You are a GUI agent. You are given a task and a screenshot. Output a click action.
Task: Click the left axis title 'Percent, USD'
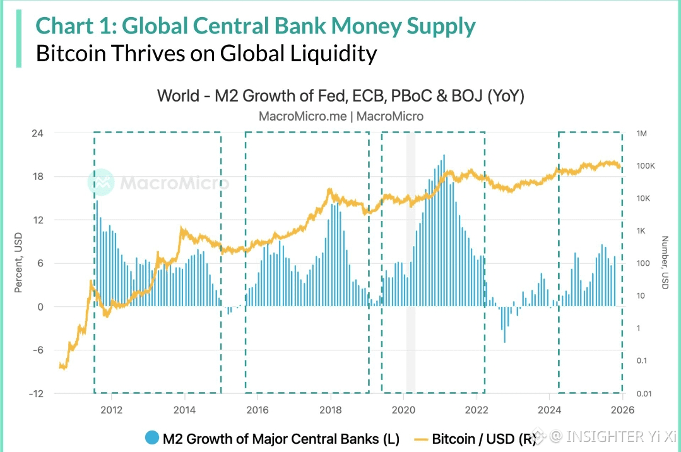(19, 264)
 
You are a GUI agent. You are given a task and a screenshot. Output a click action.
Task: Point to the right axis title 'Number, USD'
(665, 263)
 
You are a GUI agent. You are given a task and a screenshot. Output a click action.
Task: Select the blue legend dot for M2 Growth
(151, 437)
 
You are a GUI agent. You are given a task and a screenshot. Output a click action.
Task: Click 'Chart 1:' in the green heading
(76, 26)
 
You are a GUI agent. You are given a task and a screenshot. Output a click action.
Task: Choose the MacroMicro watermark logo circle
(100, 182)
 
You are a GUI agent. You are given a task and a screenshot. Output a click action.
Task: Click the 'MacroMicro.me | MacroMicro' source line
(341, 116)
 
